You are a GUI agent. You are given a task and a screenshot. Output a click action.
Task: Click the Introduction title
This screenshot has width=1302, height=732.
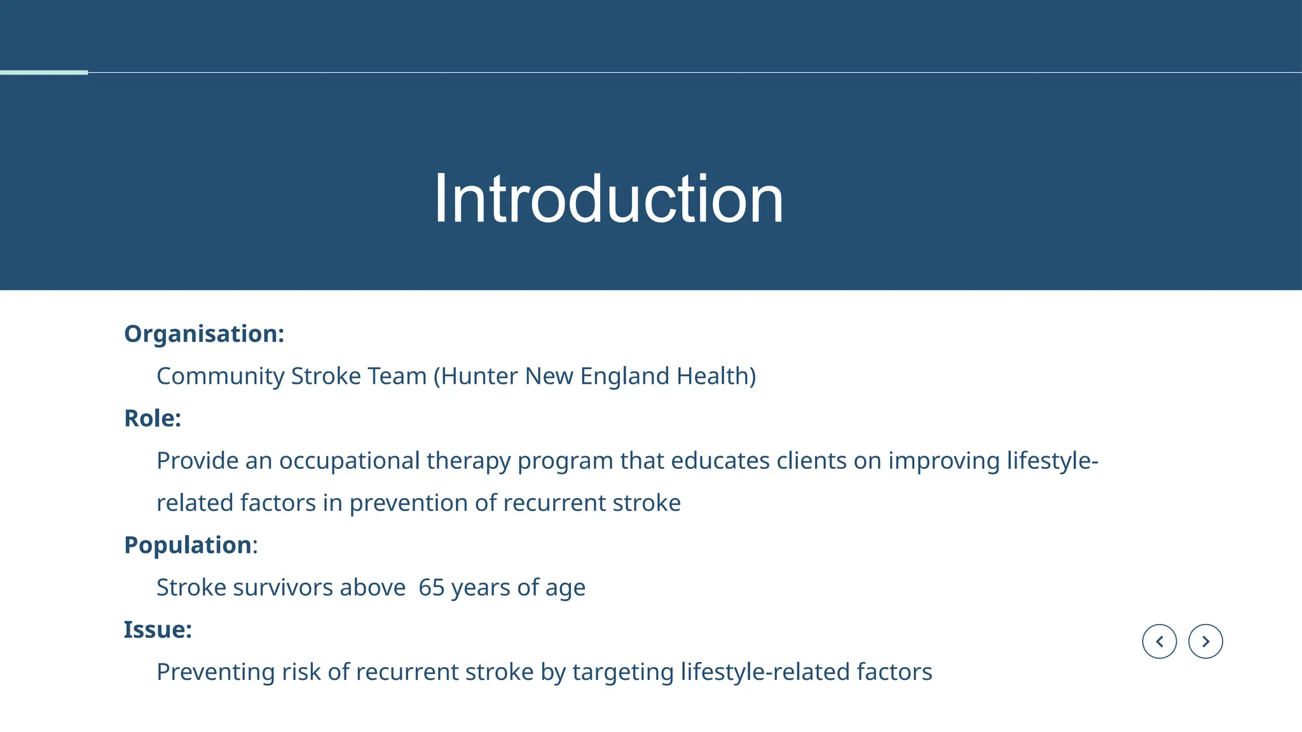coord(608,199)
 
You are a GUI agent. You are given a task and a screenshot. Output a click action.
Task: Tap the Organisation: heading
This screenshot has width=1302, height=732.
coord(203,334)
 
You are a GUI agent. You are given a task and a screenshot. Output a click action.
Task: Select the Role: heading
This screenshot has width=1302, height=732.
coord(153,418)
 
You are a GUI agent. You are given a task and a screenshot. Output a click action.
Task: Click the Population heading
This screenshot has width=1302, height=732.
coord(188,545)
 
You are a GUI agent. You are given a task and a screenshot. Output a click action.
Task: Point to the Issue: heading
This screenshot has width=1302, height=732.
coord(158,630)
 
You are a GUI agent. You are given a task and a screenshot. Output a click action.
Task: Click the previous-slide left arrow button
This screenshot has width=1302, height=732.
coord(1159,641)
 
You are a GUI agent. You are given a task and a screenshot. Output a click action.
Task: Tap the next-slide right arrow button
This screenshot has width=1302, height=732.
coord(1205,641)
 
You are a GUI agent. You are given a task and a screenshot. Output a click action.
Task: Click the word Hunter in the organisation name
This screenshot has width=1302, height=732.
coord(479,376)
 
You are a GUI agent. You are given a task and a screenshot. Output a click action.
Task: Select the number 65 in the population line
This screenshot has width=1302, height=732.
coord(431,588)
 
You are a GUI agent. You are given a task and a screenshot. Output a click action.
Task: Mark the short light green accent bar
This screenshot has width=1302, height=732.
coord(43,72)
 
